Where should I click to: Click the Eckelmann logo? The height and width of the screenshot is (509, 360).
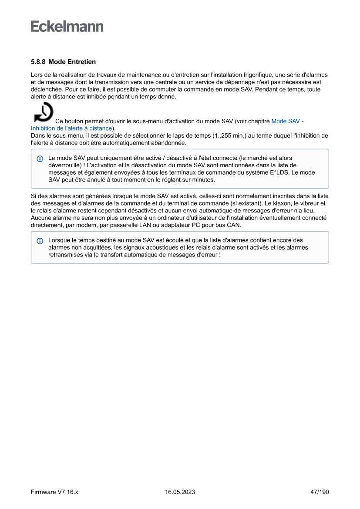tap(67, 26)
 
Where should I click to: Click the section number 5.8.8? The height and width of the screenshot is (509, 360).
tap(38, 62)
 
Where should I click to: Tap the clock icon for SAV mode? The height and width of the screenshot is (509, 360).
tap(44, 112)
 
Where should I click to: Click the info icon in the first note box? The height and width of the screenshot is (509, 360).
tap(40, 158)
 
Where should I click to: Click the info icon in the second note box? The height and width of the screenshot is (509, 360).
tap(40, 241)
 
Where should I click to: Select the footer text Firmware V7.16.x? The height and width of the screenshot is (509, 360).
tap(54, 492)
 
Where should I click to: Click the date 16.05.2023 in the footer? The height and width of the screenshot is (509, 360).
tap(180, 492)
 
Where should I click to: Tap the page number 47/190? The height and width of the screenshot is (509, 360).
tap(319, 492)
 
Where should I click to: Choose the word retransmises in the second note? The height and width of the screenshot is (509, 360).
tap(65, 254)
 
